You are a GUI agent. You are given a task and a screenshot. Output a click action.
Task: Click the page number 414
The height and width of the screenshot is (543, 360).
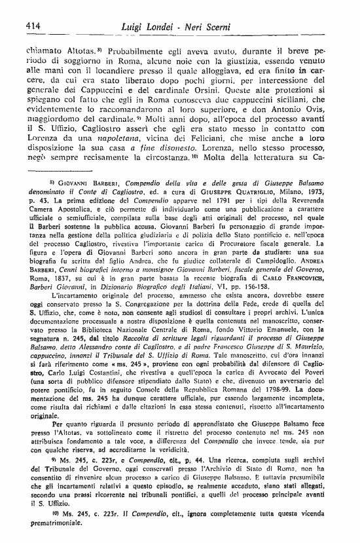pyautogui.click(x=34, y=26)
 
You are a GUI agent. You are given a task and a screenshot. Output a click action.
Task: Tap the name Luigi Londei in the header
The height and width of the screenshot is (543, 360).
pyautogui.click(x=149, y=26)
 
